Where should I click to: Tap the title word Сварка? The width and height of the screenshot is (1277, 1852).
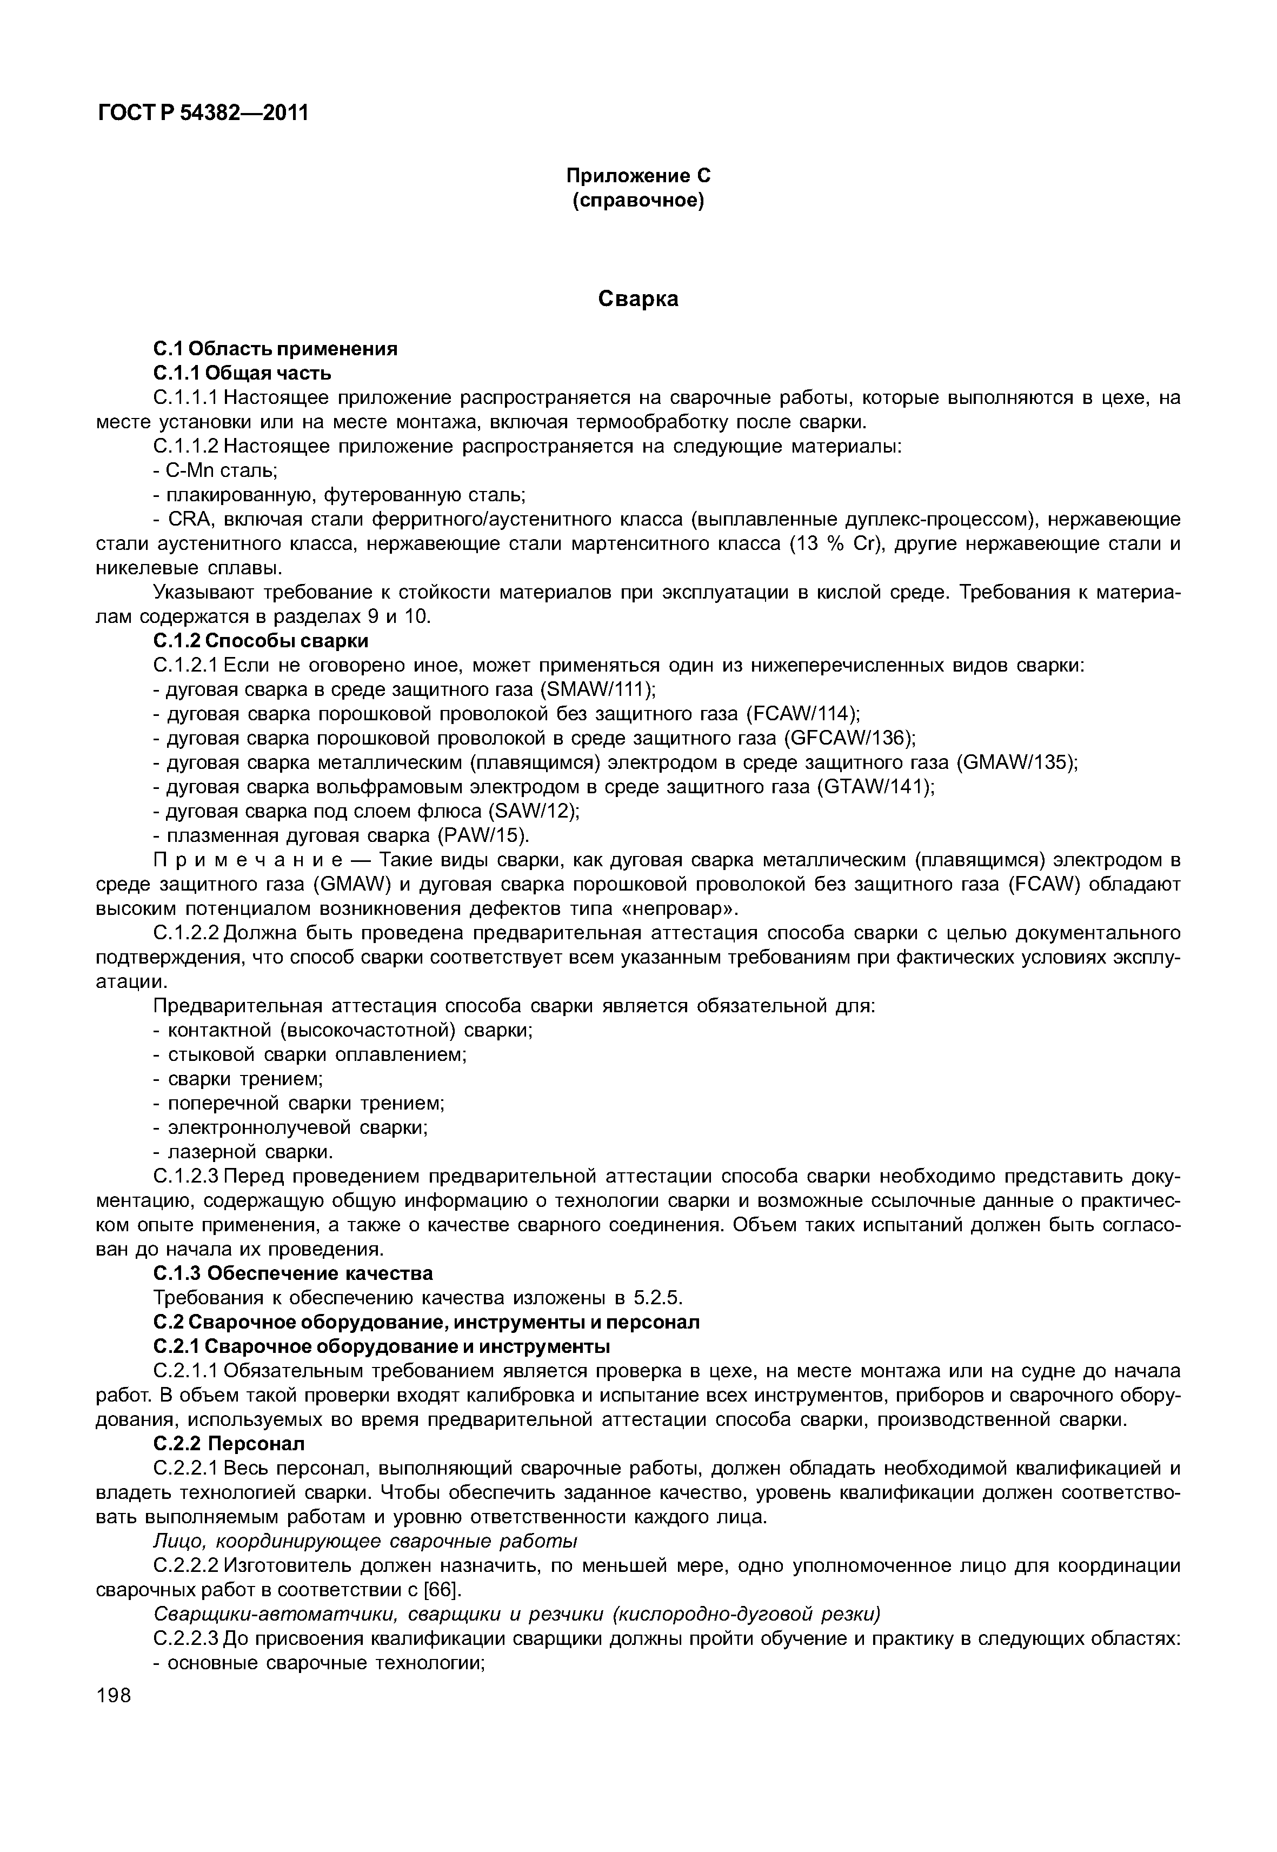(638, 300)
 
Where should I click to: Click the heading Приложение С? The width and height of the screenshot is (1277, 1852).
(638, 175)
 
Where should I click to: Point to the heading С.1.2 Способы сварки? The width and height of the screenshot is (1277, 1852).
(260, 641)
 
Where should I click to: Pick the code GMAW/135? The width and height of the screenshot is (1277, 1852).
(1014, 763)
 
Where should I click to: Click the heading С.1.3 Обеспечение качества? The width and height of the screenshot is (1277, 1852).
(293, 1273)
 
